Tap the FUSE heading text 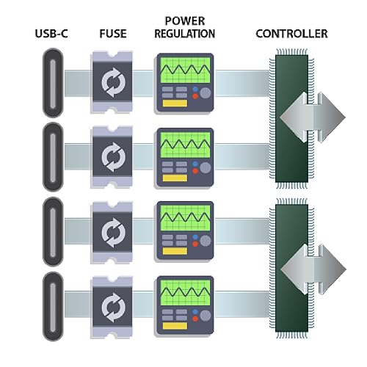pos(112,34)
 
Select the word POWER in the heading pos(184,21)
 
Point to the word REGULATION pos(184,34)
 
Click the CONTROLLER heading pos(291,34)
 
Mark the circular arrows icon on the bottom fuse pos(112,305)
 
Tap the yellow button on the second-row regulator pos(174,178)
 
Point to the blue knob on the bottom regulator pos(195,312)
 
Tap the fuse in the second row pos(112,155)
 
